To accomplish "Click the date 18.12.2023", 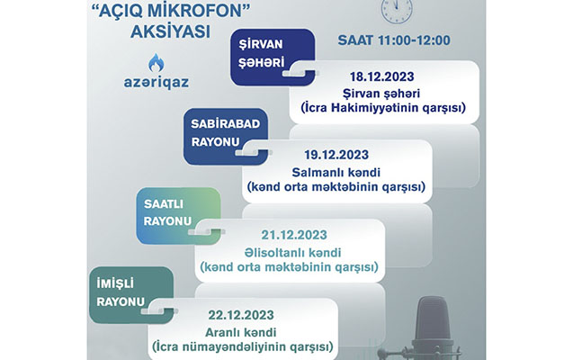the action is click(382, 76).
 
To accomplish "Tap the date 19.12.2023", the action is click(336, 155).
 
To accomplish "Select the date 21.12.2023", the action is click(294, 235).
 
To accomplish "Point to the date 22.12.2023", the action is click(241, 315).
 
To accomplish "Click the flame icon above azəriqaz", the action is click(157, 63).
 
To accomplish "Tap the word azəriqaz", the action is click(157, 82).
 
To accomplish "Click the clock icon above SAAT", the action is click(397, 10).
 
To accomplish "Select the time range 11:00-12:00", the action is click(414, 40).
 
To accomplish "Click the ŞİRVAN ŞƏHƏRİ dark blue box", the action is click(273, 58).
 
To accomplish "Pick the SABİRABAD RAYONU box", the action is click(226, 136).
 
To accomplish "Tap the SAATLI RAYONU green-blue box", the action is click(178, 216).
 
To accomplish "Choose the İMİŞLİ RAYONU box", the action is click(131, 295).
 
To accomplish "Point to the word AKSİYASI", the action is click(171, 31).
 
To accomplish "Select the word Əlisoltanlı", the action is click(274, 253).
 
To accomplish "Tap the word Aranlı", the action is click(222, 333).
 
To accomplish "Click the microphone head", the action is click(433, 319).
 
